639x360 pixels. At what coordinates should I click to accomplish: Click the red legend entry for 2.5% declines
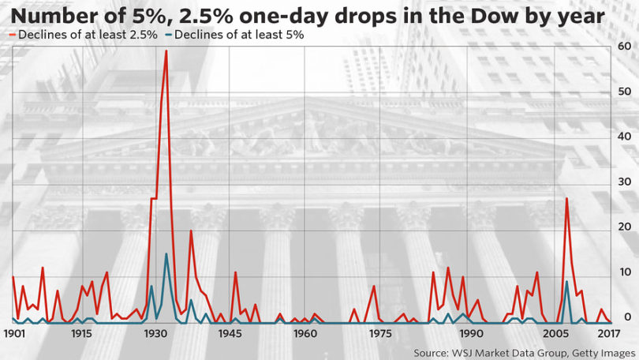[x=83, y=35]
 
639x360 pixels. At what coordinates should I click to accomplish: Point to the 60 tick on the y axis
[x=624, y=46]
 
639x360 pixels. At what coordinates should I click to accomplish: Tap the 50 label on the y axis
[x=624, y=92]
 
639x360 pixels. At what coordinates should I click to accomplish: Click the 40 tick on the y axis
[x=624, y=137]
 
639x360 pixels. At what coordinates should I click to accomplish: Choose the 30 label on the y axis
[x=624, y=182]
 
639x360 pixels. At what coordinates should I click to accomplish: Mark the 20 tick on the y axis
[x=624, y=227]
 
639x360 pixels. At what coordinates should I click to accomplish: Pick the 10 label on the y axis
[x=625, y=272]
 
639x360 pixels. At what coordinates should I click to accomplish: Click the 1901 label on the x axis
[x=14, y=333]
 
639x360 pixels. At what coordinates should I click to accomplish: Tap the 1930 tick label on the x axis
[x=155, y=333]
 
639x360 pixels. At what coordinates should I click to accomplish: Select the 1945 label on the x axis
[x=230, y=333]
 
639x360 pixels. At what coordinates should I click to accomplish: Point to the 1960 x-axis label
[x=305, y=333]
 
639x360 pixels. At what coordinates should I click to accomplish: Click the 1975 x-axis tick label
[x=379, y=333]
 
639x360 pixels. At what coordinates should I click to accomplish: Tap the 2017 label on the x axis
[x=609, y=333]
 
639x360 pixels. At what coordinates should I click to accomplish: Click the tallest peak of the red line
[x=166, y=51]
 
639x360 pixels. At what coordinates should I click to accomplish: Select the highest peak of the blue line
[x=166, y=254]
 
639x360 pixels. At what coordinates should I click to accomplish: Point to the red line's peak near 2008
[x=566, y=198]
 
